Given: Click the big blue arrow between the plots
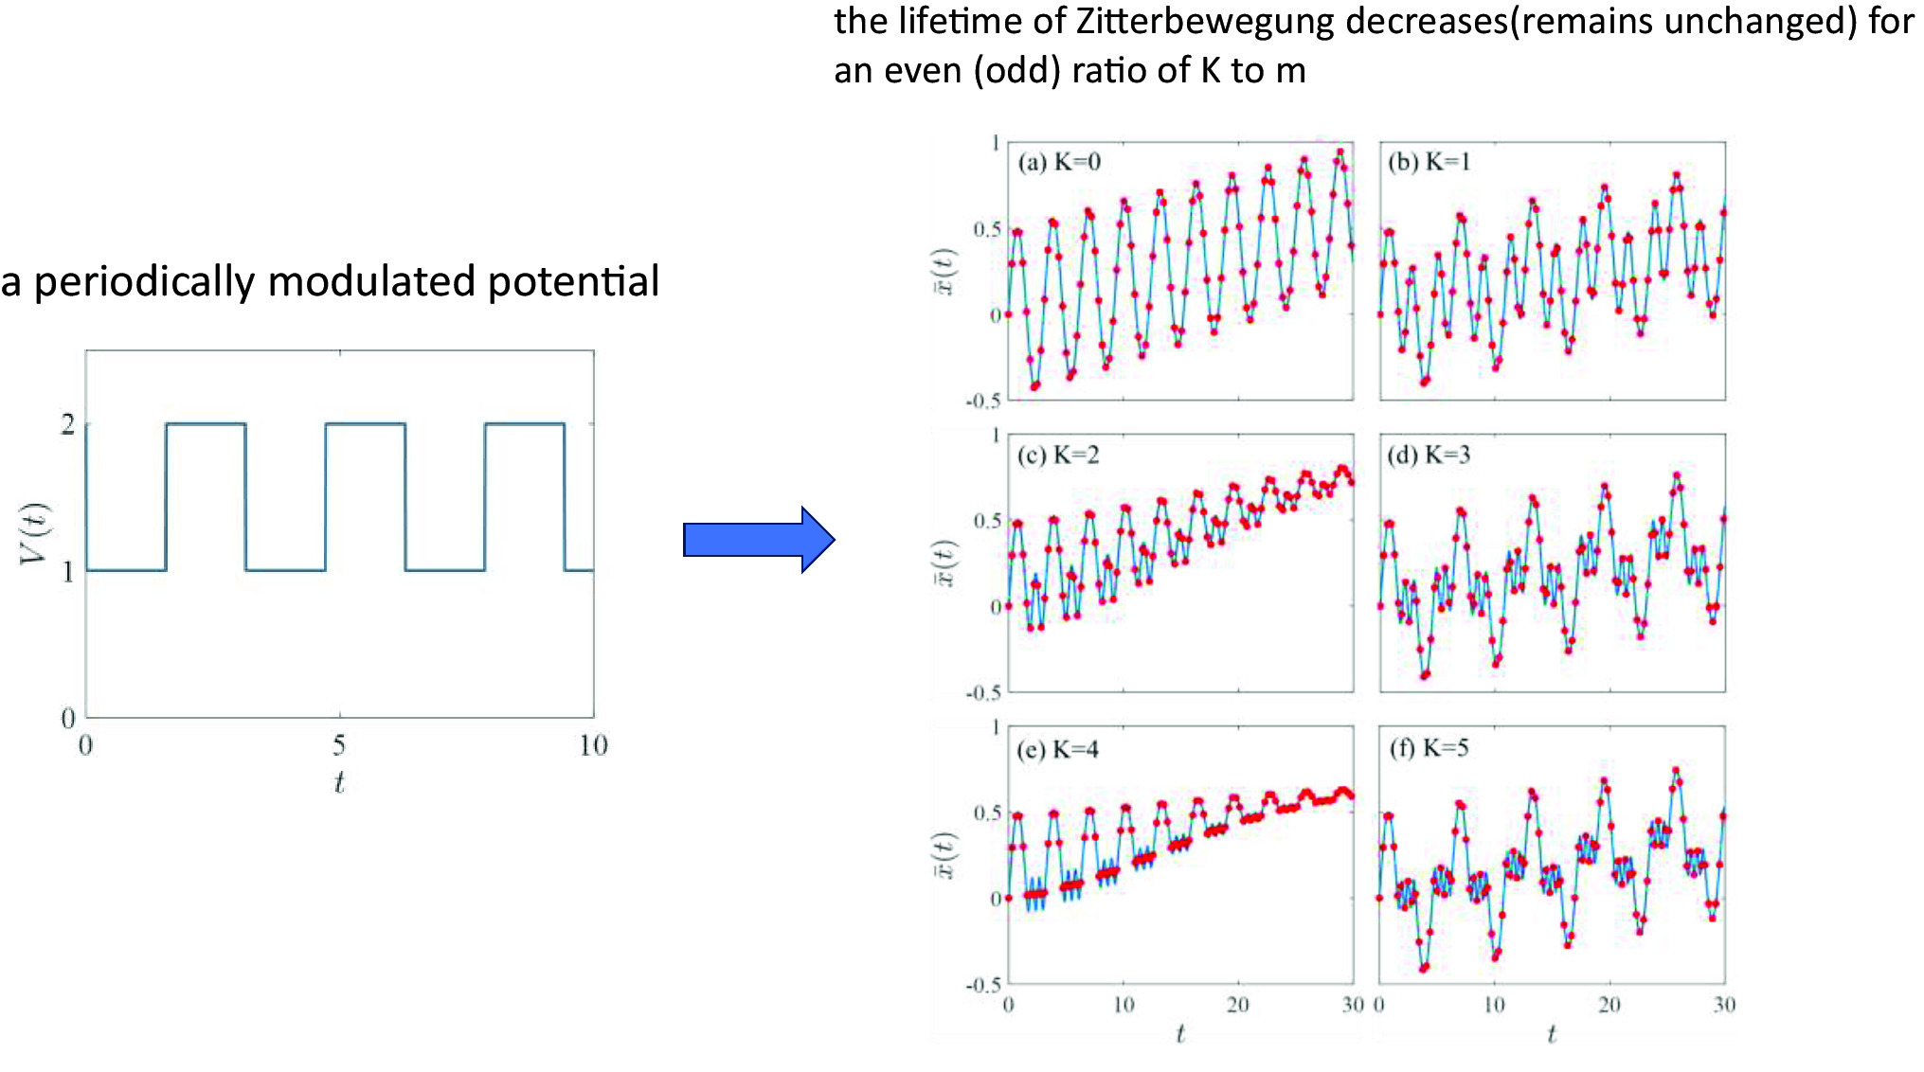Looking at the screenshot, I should click(758, 540).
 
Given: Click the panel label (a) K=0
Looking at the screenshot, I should click(1059, 162).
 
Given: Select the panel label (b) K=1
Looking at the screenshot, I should click(1430, 162).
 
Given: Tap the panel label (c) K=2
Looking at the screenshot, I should click(1058, 456).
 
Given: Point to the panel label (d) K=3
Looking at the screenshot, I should click(1430, 456).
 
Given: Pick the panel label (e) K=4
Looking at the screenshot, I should click(1058, 750).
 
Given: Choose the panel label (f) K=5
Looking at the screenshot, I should click(1430, 748).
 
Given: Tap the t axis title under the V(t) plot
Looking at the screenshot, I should click(339, 782).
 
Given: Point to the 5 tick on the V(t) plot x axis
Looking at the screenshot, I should click(339, 746).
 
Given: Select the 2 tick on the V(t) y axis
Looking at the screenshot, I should click(68, 424).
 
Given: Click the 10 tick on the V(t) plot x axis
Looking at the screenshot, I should click(593, 746).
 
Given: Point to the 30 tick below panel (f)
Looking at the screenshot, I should click(1724, 1005).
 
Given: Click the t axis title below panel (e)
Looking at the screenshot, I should click(1180, 1034).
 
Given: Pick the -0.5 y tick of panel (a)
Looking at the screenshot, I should click(982, 402).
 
